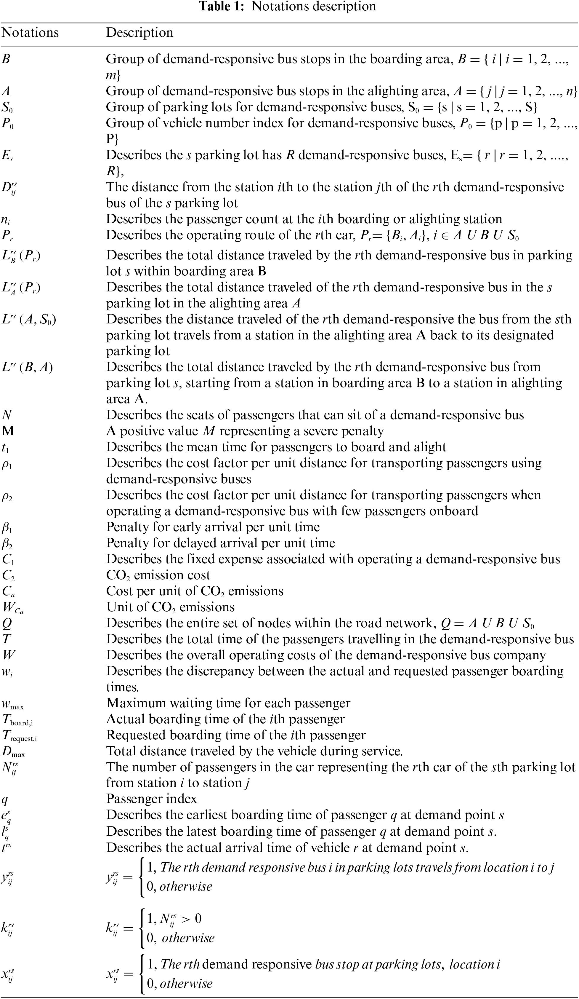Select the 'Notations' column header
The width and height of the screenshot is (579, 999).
click(x=30, y=33)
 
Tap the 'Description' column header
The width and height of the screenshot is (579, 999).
click(x=139, y=33)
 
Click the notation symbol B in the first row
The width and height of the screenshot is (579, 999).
click(x=6, y=59)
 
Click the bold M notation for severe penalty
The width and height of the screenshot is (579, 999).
click(x=8, y=431)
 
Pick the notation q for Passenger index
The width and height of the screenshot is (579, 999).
click(x=5, y=799)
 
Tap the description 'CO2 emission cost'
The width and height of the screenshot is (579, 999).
click(x=158, y=575)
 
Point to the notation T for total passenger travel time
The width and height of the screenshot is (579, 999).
click(x=6, y=639)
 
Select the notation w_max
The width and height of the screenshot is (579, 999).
click(x=13, y=704)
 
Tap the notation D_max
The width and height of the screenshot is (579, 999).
click(x=13, y=752)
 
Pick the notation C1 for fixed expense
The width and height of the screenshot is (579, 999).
click(x=8, y=560)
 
